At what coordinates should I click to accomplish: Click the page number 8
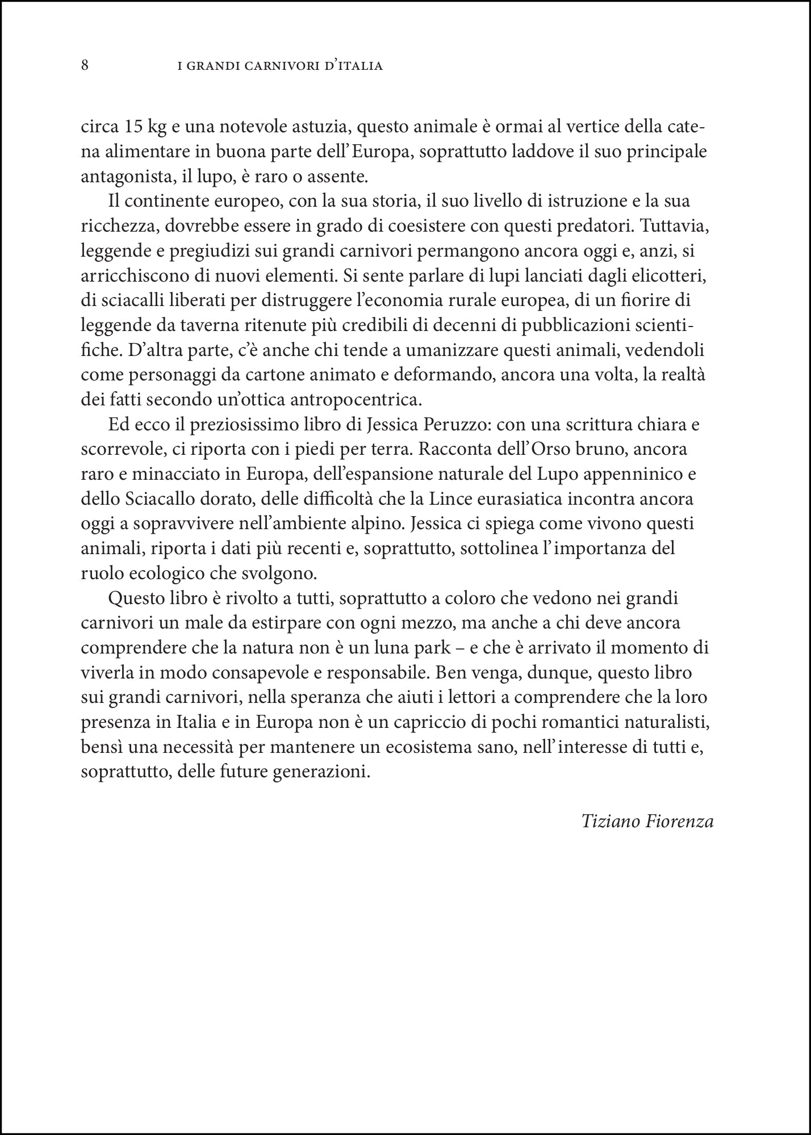(85, 65)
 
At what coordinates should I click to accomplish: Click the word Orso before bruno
(507, 450)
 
